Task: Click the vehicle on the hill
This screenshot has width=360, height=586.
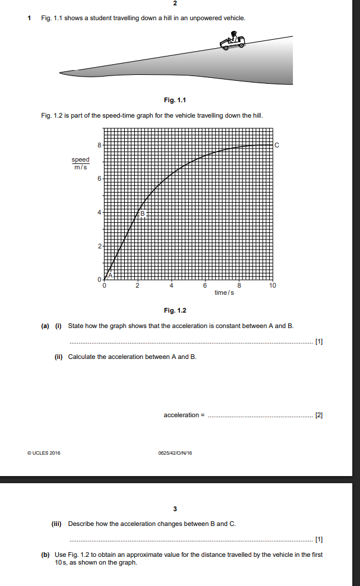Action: click(x=232, y=42)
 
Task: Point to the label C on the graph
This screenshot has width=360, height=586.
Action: click(x=277, y=145)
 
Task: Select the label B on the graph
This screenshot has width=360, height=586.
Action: click(x=143, y=212)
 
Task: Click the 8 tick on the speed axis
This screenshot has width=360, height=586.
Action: click(x=99, y=145)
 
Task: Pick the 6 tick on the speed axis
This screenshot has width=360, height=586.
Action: click(x=99, y=178)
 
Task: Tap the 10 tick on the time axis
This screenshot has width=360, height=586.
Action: click(x=273, y=286)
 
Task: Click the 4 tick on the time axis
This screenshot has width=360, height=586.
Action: click(x=172, y=286)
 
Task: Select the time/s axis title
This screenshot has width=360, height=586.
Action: click(x=224, y=292)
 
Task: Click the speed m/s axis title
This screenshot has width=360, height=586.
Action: click(x=80, y=163)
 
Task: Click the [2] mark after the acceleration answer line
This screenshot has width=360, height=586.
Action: click(x=319, y=414)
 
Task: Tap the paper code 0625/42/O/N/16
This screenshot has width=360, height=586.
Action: click(x=175, y=453)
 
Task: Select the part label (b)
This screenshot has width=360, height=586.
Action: click(x=45, y=555)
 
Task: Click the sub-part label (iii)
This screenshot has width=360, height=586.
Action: click(x=59, y=524)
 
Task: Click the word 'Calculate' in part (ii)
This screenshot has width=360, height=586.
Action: click(x=81, y=357)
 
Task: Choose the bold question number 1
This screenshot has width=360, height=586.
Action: click(x=30, y=18)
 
